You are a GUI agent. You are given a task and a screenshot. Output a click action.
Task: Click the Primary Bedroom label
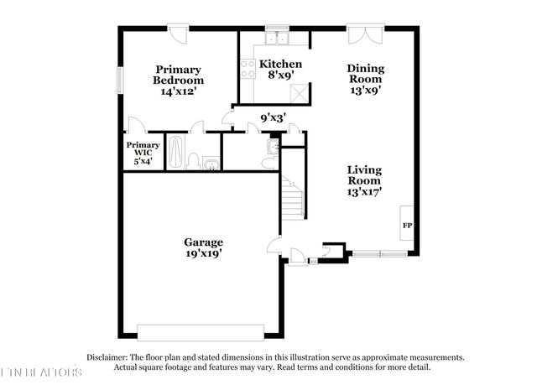coord(177,81)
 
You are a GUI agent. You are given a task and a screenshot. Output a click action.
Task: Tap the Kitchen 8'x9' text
coord(280,70)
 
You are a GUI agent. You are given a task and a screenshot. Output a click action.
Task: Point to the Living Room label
coord(365,180)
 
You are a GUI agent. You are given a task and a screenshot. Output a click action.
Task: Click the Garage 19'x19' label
coord(203,247)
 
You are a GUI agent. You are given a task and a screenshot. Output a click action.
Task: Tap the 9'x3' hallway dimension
coord(273,118)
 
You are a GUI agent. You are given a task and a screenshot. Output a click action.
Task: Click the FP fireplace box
coord(407,226)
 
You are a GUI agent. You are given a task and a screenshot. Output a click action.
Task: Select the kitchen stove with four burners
coord(248,69)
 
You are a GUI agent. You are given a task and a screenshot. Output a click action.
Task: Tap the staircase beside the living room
coord(292,200)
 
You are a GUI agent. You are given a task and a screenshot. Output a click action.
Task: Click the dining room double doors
coord(367,36)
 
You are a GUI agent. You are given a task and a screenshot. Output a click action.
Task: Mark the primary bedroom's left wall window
coord(120,80)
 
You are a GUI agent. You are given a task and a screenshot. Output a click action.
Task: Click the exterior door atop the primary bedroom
coord(180,34)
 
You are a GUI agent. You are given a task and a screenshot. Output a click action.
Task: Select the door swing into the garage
coord(274,246)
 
